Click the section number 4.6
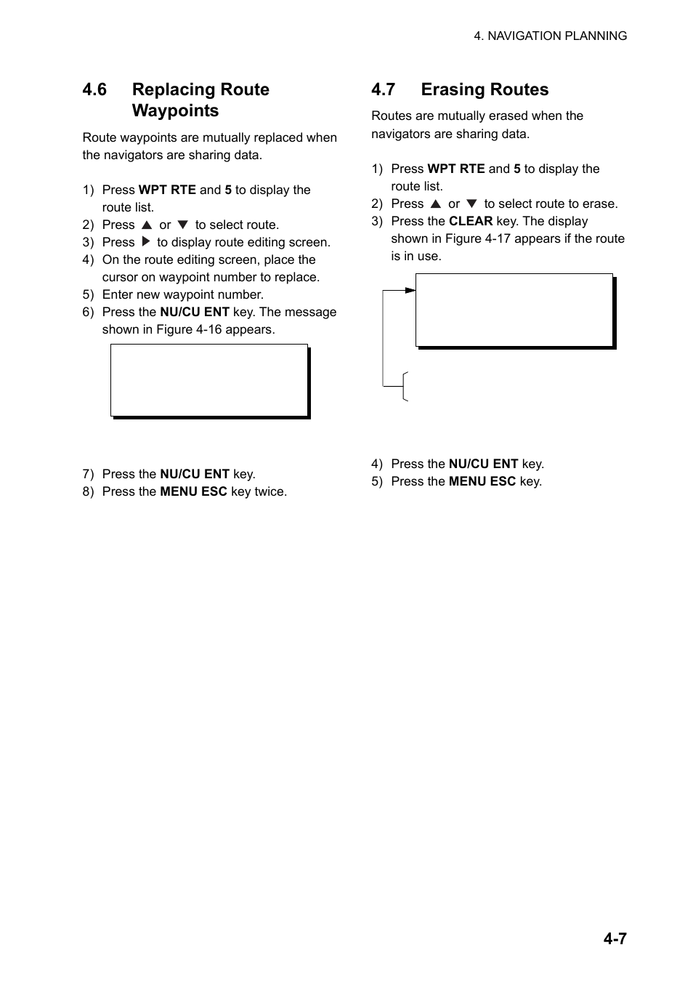click(x=94, y=89)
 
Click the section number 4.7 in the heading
click(x=383, y=89)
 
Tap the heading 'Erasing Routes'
click(x=485, y=89)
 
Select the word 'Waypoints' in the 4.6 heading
click(x=175, y=110)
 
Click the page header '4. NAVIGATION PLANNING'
click(x=550, y=36)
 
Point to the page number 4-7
click(x=615, y=938)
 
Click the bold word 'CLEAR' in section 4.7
click(x=471, y=221)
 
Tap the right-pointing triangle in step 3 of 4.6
click(x=145, y=242)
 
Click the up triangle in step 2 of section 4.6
click(x=146, y=225)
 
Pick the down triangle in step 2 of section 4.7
click(x=471, y=204)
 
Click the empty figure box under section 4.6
click(x=209, y=380)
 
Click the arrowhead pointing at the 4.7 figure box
click(x=410, y=290)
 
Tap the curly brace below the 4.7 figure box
click(x=405, y=386)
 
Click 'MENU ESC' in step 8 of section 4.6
click(x=194, y=491)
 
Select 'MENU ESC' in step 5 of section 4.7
click(x=482, y=481)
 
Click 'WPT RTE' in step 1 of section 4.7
click(x=456, y=169)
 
